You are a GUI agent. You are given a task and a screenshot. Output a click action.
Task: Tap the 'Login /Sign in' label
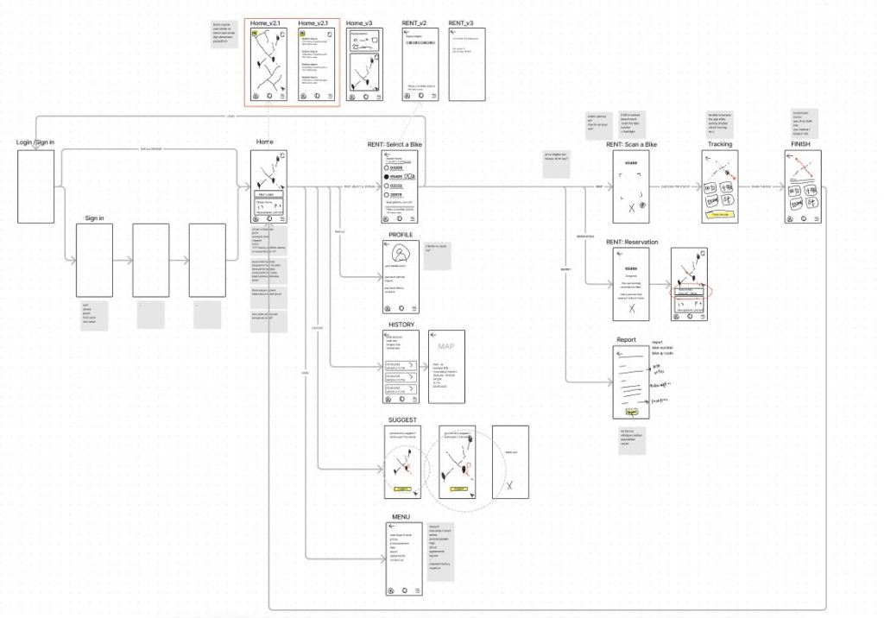coord(35,142)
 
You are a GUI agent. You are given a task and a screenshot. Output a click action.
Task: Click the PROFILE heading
coord(401,235)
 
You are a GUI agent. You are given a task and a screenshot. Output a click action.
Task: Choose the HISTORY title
coord(401,325)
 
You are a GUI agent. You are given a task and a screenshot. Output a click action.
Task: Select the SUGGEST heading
coord(402,419)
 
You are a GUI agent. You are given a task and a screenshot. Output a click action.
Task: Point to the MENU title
coord(401,517)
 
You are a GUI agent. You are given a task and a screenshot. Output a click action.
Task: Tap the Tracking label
coord(719,144)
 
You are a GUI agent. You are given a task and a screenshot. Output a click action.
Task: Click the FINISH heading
coord(802,144)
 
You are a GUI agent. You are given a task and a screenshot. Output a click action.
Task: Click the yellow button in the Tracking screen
coord(720,213)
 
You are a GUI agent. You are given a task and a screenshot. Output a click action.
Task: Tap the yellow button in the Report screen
coord(631,413)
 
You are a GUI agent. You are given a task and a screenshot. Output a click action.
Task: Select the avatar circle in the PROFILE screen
coord(401,255)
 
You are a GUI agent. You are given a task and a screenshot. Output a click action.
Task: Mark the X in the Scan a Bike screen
coord(631,208)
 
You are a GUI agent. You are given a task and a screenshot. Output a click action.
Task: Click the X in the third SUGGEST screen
coord(509,485)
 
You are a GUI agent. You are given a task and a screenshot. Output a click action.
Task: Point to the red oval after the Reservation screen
coord(689,292)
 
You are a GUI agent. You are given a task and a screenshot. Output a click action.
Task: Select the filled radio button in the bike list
coord(387,176)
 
